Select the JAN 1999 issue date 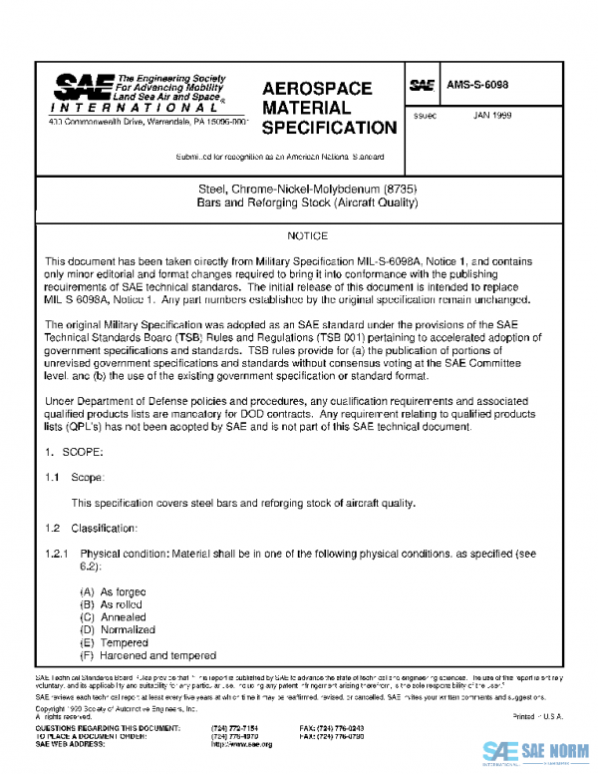493,116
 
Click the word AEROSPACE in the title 317,89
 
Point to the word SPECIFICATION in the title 329,128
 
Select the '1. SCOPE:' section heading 74,452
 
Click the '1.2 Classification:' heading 96,527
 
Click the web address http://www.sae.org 236,744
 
